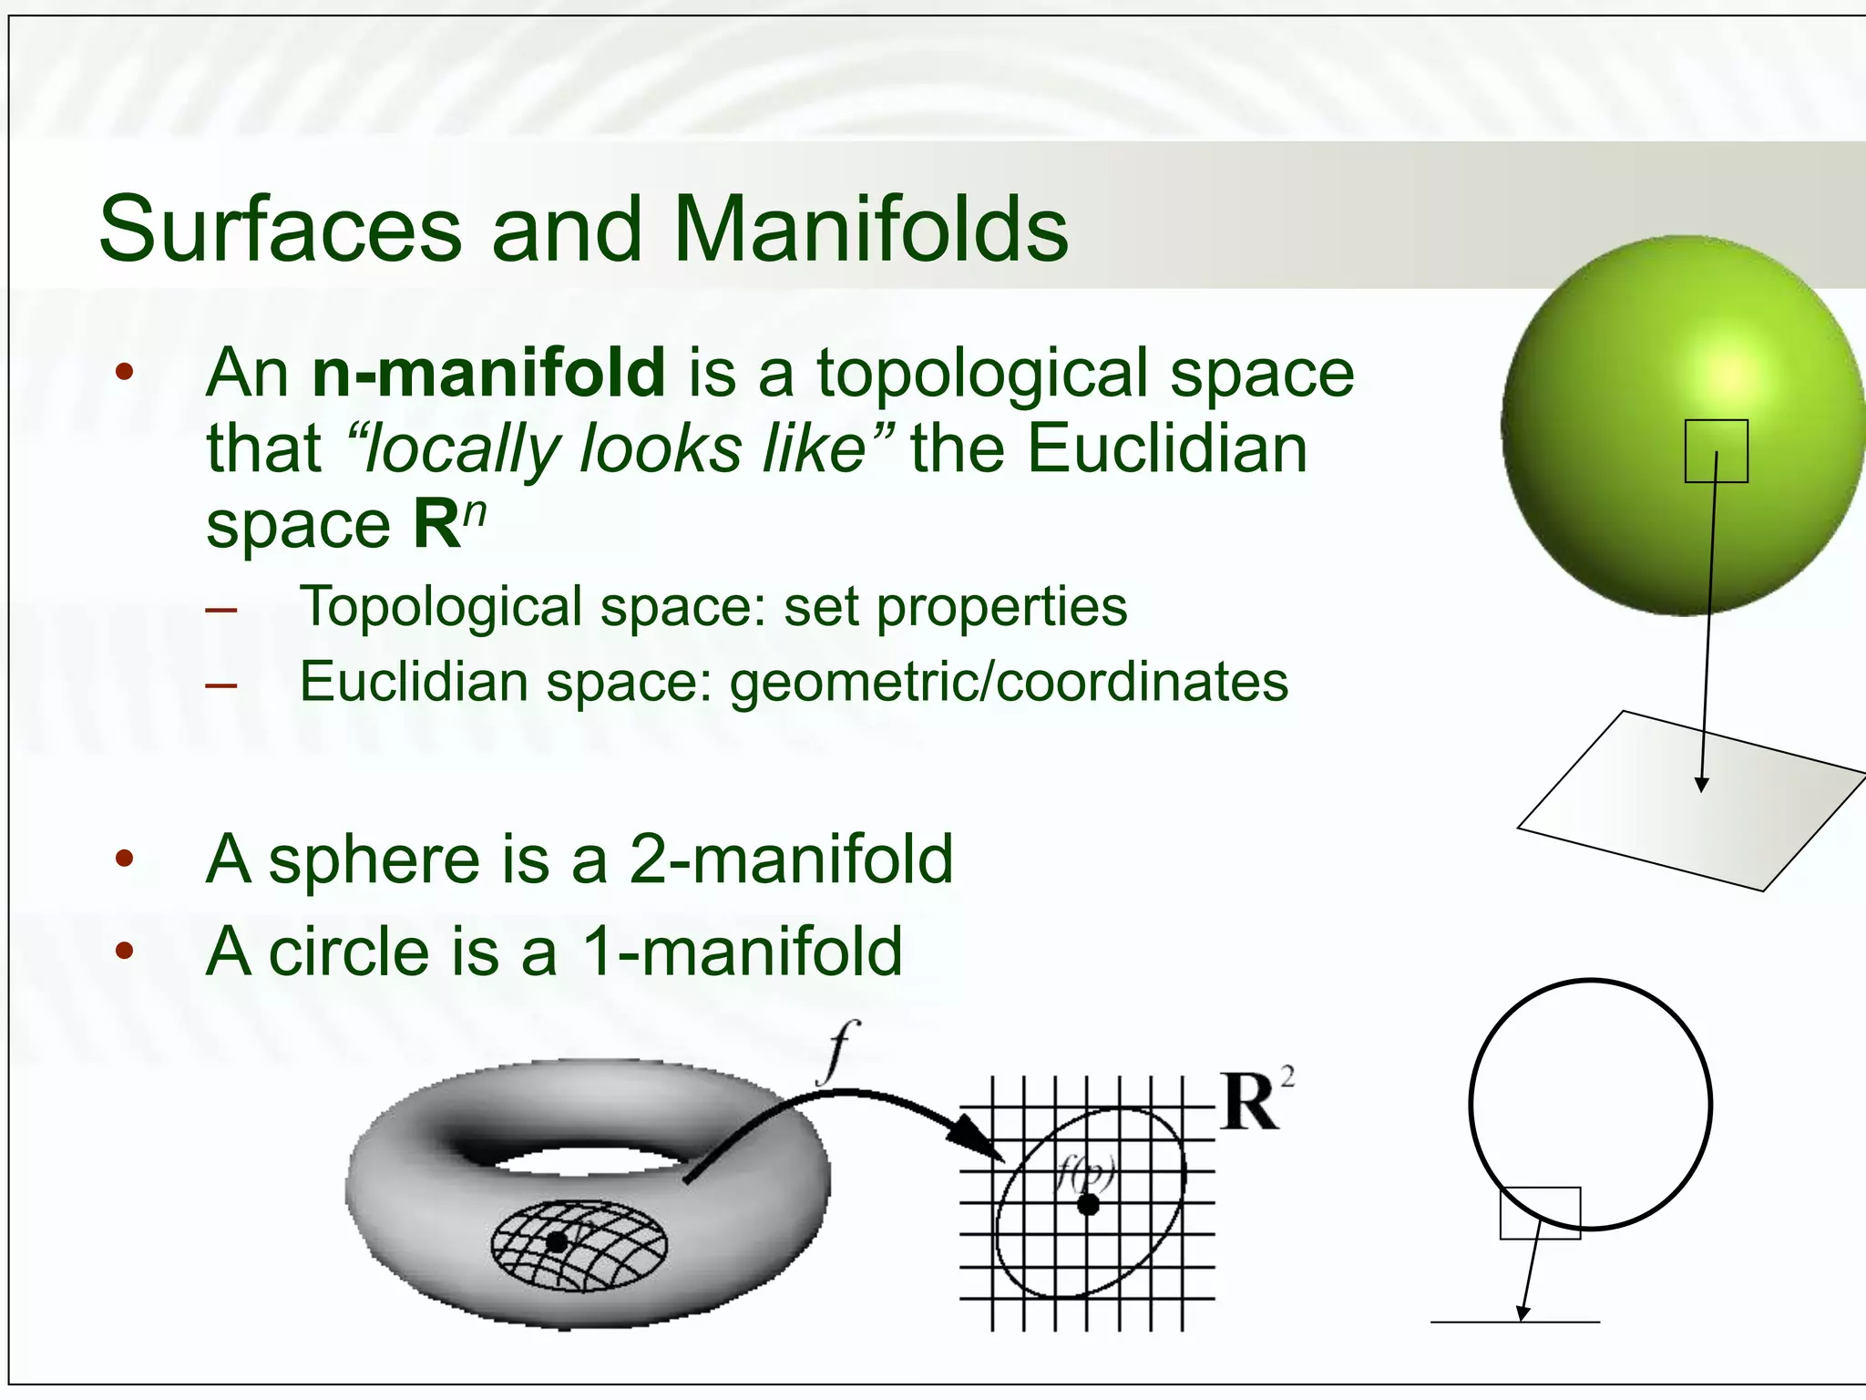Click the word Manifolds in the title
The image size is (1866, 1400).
pos(870,230)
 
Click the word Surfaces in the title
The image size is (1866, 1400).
pos(281,230)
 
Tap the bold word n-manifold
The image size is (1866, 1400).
pos(488,373)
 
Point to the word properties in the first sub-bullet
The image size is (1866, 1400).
pos(1001,607)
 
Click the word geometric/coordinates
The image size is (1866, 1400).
pos(1009,682)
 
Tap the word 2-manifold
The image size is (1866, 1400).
pos(791,860)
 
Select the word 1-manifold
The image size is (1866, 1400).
pos(742,952)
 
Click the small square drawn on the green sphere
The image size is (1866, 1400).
pos(1716,450)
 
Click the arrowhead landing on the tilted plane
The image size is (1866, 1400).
pos(1701,784)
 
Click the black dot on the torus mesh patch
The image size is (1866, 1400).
pos(557,1241)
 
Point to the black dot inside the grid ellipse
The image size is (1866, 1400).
pos(1088,1205)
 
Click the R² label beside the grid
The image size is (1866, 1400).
pos(1255,1101)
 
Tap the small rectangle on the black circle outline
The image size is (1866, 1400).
pos(1540,1212)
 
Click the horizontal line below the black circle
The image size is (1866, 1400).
pos(1514,1322)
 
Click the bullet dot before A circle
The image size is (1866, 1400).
pos(125,952)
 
